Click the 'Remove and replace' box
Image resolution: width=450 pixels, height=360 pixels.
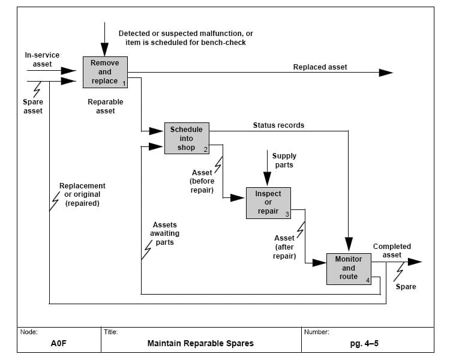coord(105,72)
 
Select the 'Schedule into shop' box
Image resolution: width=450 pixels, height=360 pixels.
coord(186,139)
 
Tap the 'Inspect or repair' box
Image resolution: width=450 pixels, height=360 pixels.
coord(268,203)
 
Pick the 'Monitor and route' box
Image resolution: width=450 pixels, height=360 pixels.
coord(349,268)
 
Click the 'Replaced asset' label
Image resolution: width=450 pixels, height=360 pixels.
coord(320,67)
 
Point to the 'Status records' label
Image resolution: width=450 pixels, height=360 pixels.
coord(278,125)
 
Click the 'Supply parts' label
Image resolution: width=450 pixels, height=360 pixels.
coord(284,160)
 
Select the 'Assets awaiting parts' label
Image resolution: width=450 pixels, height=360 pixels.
coord(164,233)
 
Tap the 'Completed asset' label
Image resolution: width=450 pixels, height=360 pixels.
coord(392,251)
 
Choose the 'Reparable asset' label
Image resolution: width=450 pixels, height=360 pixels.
coord(105,106)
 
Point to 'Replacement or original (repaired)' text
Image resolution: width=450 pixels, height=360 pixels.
coord(82,194)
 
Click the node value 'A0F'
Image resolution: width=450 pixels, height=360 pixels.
coord(58,344)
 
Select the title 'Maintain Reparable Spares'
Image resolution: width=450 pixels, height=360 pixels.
coord(200,344)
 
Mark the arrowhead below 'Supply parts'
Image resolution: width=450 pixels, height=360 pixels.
coord(267,178)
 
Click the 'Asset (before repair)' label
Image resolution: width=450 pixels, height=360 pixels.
coord(202,181)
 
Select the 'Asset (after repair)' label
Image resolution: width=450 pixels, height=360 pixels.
coord(284,247)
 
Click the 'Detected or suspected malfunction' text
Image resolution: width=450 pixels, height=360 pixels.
coord(185,38)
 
